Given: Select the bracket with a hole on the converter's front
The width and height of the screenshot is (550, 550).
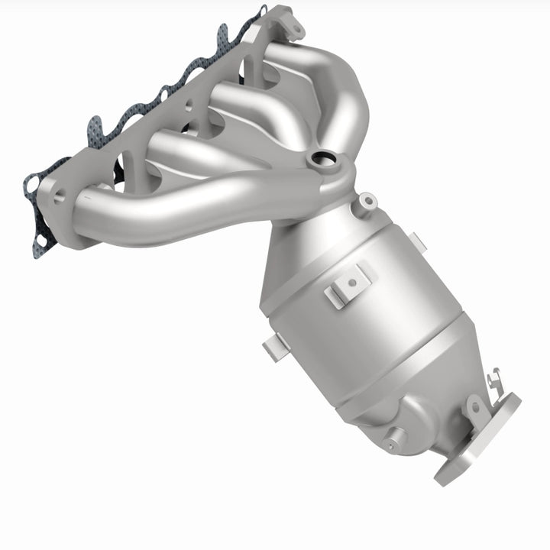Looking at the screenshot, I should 348,284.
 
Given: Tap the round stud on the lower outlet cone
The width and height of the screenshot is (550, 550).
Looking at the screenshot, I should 395,439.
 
